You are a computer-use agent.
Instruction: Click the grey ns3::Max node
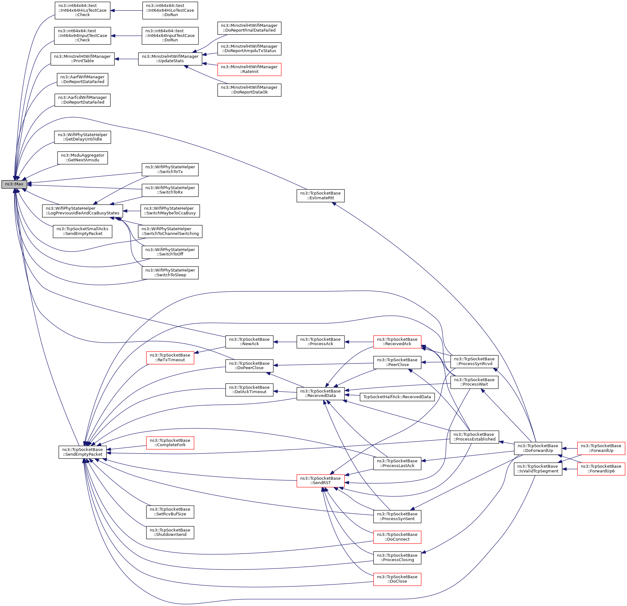click(14, 184)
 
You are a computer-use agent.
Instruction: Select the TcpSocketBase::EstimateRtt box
click(320, 195)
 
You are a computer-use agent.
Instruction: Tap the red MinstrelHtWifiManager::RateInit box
click(249, 69)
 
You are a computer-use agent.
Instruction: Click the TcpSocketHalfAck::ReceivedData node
click(397, 397)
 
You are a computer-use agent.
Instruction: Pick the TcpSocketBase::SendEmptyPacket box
click(82, 452)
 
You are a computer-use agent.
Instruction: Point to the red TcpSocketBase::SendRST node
click(320, 481)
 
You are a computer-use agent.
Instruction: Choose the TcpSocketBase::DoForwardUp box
click(538, 448)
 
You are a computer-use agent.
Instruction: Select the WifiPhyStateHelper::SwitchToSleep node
click(170, 273)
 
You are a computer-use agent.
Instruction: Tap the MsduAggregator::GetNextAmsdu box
click(82, 158)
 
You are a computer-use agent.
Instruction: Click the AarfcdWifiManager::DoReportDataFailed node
click(82, 100)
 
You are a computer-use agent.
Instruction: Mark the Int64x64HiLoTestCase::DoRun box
click(170, 10)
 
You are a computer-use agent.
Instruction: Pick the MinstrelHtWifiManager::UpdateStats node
click(170, 59)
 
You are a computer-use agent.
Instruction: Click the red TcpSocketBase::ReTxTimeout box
click(170, 358)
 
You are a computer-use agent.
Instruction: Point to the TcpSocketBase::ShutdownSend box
click(170, 532)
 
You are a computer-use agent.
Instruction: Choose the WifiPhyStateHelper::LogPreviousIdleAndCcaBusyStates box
click(82, 211)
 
